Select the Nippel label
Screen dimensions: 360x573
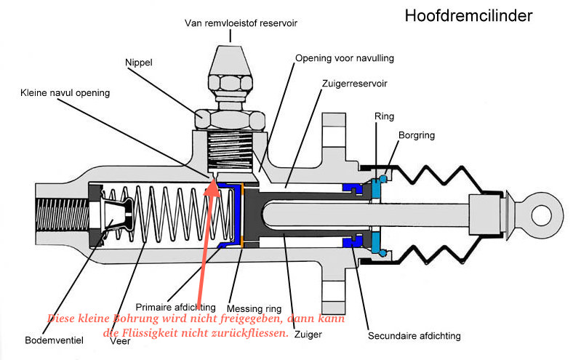pyautogui.click(x=140, y=63)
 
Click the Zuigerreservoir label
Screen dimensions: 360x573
pyautogui.click(x=355, y=84)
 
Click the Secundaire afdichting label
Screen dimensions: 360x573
pyautogui.click(x=414, y=336)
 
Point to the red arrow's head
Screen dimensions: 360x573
pyautogui.click(x=213, y=187)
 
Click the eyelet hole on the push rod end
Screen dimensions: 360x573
pyautogui.click(x=542, y=215)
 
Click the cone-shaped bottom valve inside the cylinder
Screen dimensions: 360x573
pyautogui.click(x=117, y=215)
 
